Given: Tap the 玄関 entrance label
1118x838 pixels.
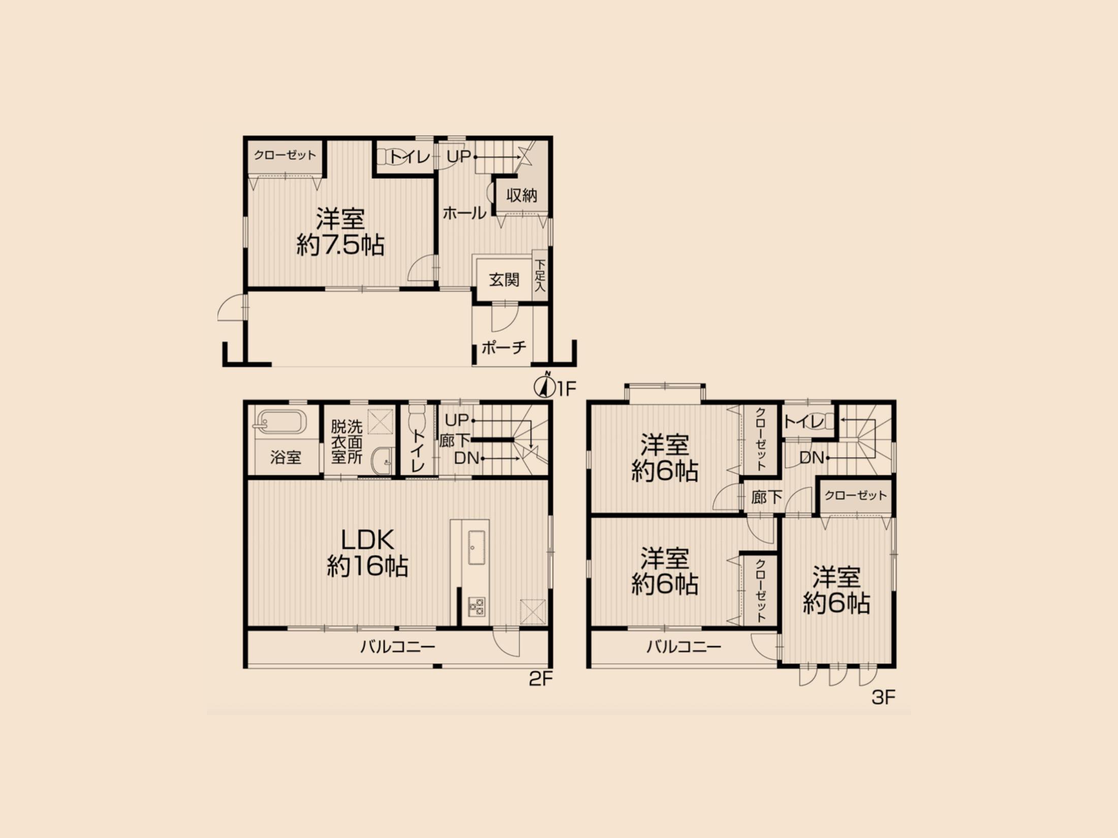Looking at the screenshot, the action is tap(504, 280).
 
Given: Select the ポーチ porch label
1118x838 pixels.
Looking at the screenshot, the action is tap(504, 348).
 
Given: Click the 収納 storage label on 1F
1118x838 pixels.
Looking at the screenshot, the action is tap(521, 196).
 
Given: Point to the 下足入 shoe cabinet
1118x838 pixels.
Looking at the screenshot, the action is tap(540, 275).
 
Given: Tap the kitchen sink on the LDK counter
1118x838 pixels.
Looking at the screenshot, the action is tap(477, 547).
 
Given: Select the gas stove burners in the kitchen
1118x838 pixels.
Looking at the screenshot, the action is tap(477, 606).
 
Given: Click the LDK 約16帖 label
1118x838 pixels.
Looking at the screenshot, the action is tap(367, 553).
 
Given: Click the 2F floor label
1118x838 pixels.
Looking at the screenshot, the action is tap(541, 679).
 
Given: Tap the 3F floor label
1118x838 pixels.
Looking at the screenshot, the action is tap(883, 697).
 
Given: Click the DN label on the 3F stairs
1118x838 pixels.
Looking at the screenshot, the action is tap(811, 458).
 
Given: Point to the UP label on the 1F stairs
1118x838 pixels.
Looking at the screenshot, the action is tap(458, 157).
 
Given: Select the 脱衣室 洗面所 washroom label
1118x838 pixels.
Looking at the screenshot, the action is tap(347, 441).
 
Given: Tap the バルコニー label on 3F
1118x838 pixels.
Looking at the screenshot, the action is tap(684, 647).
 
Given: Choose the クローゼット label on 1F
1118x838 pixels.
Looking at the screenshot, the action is tap(285, 155).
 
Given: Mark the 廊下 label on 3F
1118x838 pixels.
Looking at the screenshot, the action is tap(767, 497).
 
